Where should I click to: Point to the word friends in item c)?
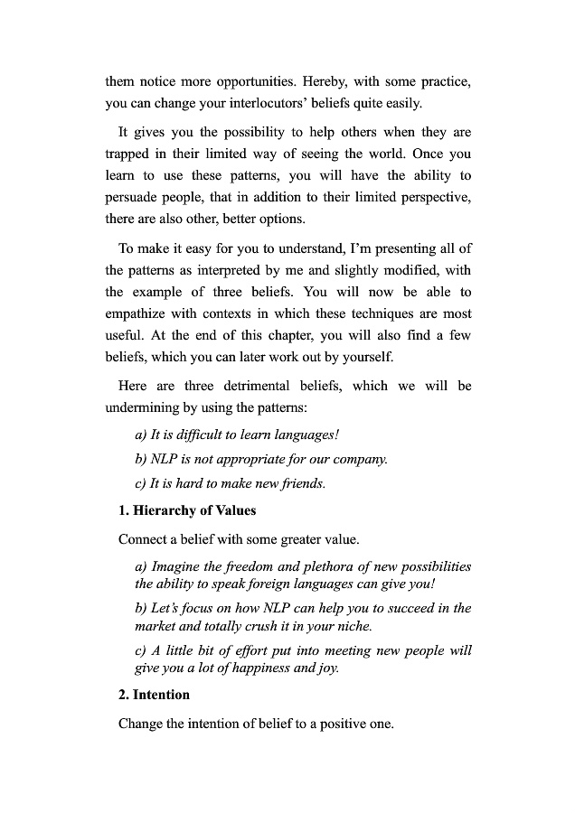click(x=298, y=483)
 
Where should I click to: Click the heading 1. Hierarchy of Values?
click(x=187, y=510)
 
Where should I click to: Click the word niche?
click(x=353, y=625)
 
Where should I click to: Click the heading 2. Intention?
click(x=154, y=695)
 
